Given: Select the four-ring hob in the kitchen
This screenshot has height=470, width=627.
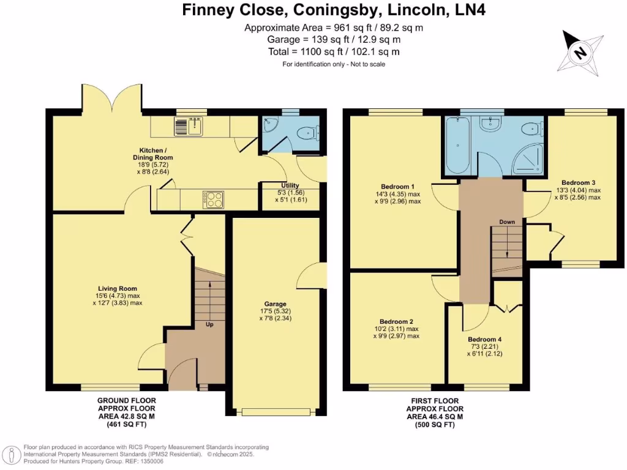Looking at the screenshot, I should pos(214,199).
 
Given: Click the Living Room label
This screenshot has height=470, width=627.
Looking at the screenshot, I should pos(118,289).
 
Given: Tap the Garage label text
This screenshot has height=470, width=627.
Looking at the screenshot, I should pos(276,304).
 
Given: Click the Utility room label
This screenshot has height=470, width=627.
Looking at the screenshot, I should pos(290,185).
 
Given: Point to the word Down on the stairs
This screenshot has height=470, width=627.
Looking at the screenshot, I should pos(507,222).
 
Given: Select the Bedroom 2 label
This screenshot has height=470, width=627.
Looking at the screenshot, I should pos(396,322).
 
